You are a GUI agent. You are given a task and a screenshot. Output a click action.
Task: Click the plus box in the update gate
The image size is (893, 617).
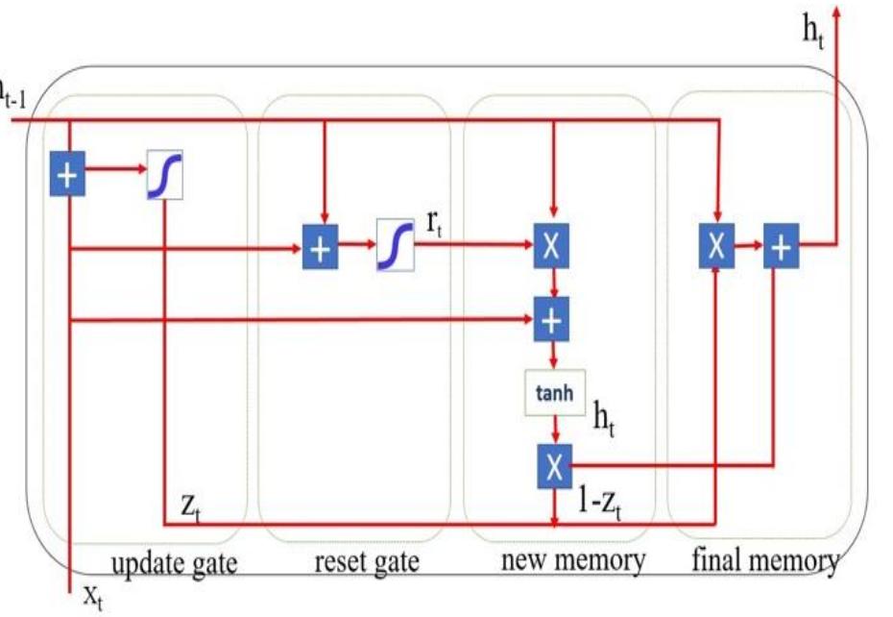pyautogui.click(x=67, y=176)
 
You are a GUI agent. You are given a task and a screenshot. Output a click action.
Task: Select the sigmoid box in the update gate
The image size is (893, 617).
pyautogui.click(x=165, y=175)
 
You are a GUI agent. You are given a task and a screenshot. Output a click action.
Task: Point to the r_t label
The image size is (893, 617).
pyautogui.click(x=434, y=227)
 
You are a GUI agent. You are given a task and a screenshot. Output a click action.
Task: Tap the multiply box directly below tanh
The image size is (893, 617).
pyautogui.click(x=553, y=465)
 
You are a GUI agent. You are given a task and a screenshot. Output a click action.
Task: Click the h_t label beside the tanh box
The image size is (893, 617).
pyautogui.click(x=603, y=420)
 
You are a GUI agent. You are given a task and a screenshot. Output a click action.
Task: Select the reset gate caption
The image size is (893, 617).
pyautogui.click(x=367, y=561)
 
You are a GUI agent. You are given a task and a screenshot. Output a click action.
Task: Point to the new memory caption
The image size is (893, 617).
pyautogui.click(x=573, y=559)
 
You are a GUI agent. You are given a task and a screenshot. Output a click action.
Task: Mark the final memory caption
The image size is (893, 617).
pyautogui.click(x=765, y=559)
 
